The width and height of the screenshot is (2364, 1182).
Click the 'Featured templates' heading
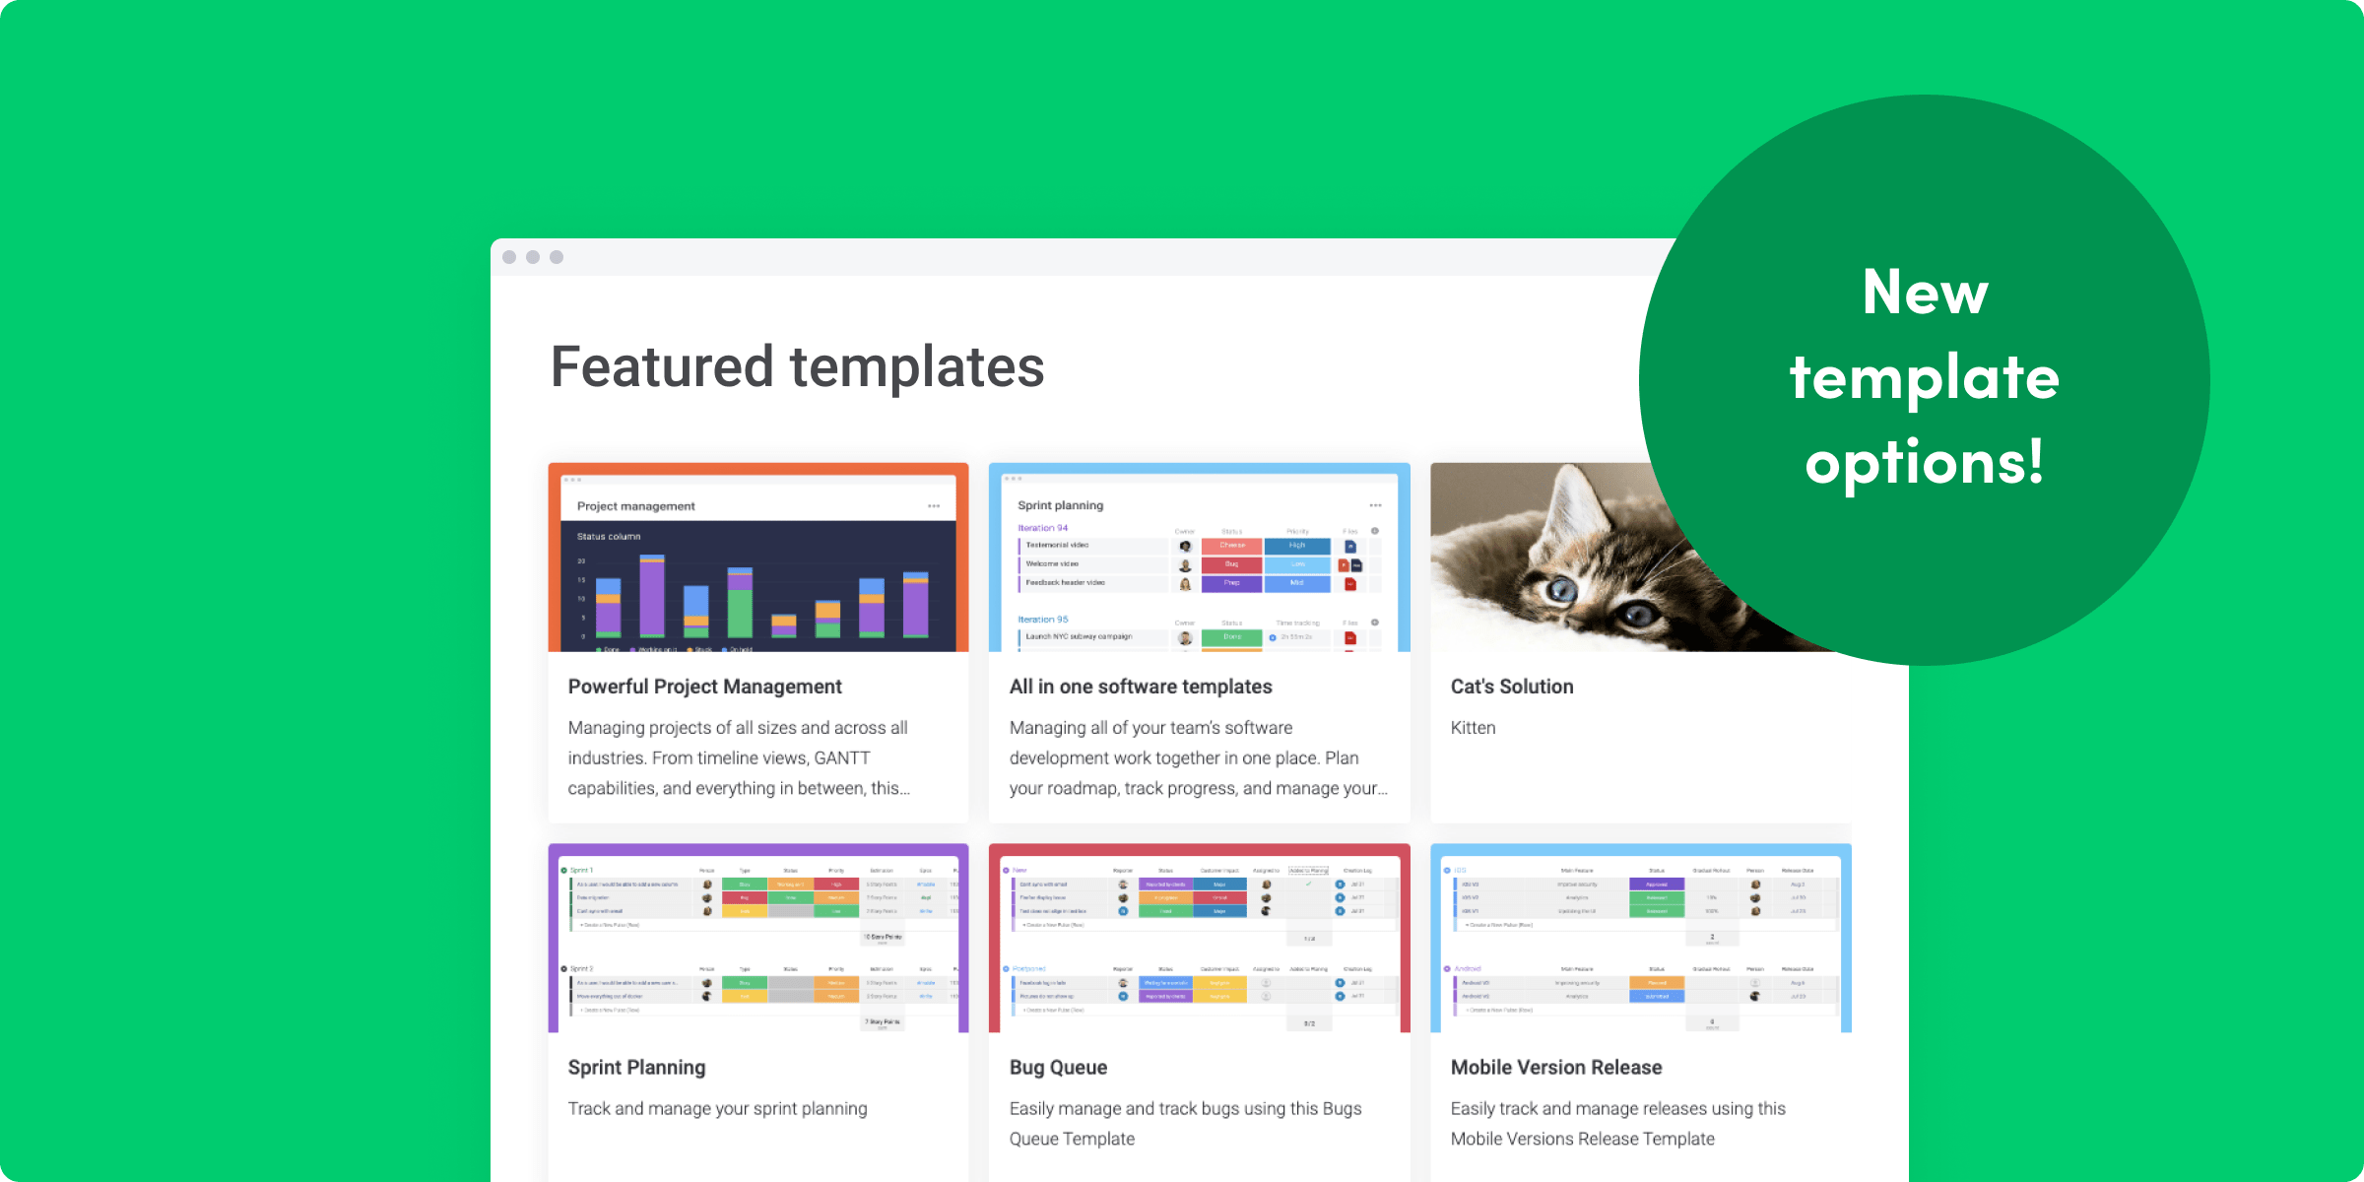797,367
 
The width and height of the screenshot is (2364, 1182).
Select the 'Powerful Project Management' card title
704,687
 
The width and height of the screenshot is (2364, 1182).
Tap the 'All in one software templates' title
1140,687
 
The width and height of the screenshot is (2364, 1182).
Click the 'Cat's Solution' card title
1511,687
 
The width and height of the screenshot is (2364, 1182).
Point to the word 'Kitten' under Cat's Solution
1473,728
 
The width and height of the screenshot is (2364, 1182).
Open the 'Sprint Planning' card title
636,1068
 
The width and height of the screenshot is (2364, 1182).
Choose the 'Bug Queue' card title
1058,1068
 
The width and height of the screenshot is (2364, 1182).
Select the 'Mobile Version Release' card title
1555,1068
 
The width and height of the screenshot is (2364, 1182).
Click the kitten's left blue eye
1561,590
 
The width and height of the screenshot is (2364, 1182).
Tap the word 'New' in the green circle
1925,293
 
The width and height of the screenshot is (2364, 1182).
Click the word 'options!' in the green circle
1925,462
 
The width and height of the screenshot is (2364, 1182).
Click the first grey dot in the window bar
509,257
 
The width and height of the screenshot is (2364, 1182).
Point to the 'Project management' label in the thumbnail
635,506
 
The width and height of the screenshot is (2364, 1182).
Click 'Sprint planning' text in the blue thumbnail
1060,505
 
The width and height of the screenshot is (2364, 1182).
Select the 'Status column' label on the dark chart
608,537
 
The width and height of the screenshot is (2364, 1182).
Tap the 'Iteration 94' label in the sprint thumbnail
1042,528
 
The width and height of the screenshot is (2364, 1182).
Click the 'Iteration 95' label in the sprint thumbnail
1042,620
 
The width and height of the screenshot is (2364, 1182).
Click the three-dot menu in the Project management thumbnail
933,506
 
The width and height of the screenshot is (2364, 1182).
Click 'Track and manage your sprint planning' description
717,1109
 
